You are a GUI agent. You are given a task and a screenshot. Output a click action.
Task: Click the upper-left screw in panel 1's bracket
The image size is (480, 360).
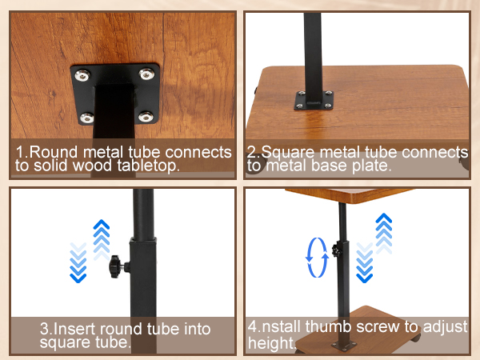[82, 75]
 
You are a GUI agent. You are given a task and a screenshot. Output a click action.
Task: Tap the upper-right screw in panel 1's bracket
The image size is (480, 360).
[146, 74]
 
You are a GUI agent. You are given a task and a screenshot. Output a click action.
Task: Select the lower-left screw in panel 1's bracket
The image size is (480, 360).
[86, 118]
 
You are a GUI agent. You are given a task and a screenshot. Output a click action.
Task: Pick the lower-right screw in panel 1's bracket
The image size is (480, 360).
[146, 116]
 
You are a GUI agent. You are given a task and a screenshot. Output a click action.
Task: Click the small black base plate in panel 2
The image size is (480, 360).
[314, 100]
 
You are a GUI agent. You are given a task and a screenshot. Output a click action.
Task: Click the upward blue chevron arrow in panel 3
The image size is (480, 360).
[102, 240]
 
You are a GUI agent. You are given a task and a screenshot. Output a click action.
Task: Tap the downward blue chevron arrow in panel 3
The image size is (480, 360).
[78, 262]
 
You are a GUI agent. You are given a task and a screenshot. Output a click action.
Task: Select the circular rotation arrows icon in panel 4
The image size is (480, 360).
[317, 258]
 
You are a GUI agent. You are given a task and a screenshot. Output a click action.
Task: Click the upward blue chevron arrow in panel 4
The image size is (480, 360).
[383, 234]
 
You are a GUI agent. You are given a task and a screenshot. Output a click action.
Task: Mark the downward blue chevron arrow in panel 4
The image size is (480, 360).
[364, 262]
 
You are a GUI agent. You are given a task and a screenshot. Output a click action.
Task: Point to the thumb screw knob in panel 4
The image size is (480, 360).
[337, 250]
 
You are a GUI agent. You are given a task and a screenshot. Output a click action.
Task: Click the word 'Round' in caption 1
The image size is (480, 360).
[53, 152]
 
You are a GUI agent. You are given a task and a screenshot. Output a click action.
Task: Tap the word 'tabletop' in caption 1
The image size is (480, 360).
[146, 166]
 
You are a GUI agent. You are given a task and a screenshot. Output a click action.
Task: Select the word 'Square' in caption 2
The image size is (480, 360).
[288, 153]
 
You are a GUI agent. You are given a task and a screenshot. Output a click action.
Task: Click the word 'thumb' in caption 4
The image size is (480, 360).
[328, 326]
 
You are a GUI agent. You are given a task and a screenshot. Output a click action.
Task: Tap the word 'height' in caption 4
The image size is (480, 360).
[270, 343]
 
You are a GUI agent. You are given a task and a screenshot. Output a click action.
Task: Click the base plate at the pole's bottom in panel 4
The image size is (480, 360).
[344, 346]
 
